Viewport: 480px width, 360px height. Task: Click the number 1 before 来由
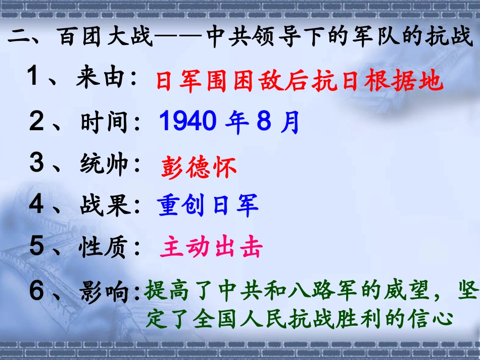pyautogui.click(x=34, y=78)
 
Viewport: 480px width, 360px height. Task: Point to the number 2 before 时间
pyautogui.click(x=37, y=122)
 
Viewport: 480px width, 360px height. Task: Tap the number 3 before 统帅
pyautogui.click(x=37, y=165)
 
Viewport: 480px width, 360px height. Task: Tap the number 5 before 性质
pyautogui.click(x=37, y=247)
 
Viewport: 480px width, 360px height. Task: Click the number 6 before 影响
pyautogui.click(x=37, y=291)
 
